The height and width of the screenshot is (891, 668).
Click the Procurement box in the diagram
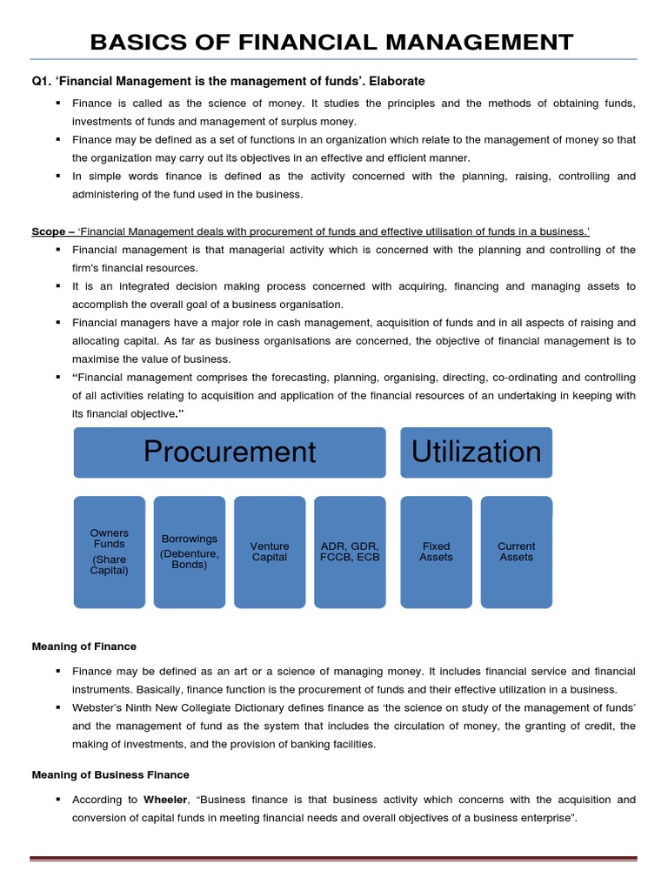tap(230, 452)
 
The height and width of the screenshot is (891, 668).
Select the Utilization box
tap(476, 452)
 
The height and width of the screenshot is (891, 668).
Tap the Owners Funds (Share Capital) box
tap(110, 552)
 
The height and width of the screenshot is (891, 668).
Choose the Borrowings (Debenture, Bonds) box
tap(190, 552)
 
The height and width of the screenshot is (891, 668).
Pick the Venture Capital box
tap(270, 552)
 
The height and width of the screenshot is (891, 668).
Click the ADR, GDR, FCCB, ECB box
tap(350, 552)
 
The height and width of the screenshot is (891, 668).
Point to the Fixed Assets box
tap(436, 552)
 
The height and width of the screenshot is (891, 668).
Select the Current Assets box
tap(517, 552)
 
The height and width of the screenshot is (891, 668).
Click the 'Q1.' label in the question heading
tap(41, 82)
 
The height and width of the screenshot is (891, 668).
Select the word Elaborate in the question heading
tap(397, 82)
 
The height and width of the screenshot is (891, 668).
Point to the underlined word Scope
tap(48, 231)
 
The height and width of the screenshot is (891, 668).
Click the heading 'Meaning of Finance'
tap(83, 646)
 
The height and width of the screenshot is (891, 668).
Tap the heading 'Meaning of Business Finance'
tap(110, 774)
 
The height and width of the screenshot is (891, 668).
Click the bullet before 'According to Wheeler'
tap(57, 799)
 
